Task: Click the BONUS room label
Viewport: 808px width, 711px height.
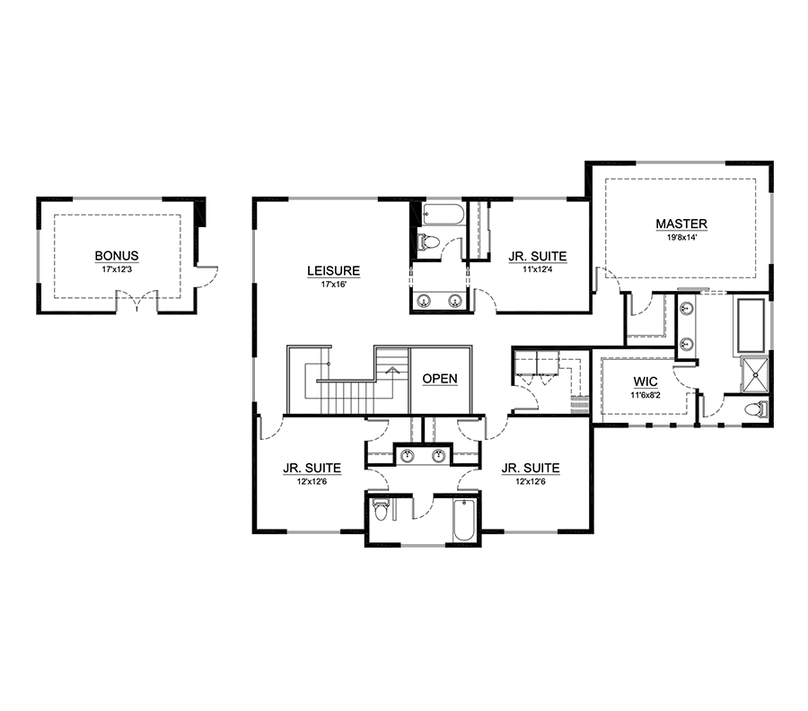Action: click(x=117, y=256)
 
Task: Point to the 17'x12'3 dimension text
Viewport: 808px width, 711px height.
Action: click(x=117, y=269)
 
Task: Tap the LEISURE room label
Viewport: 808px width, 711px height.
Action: click(x=333, y=270)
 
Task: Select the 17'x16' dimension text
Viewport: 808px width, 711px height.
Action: click(x=333, y=284)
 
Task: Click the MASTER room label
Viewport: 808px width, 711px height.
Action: click(x=681, y=224)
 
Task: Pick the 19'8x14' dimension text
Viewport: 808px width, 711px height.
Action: click(x=681, y=238)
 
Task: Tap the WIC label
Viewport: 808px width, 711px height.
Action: click(x=646, y=382)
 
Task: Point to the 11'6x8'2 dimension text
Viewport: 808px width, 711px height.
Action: click(x=646, y=395)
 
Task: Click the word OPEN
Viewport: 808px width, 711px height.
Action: click(x=440, y=379)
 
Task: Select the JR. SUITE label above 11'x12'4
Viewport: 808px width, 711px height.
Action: click(x=538, y=256)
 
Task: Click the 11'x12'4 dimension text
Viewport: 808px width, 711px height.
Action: click(x=538, y=269)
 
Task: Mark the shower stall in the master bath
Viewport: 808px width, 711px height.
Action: click(x=754, y=374)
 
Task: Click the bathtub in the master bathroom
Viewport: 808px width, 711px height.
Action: click(x=751, y=326)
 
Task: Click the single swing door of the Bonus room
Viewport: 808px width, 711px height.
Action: click(x=207, y=276)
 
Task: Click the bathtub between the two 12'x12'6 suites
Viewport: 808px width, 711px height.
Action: click(x=463, y=520)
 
